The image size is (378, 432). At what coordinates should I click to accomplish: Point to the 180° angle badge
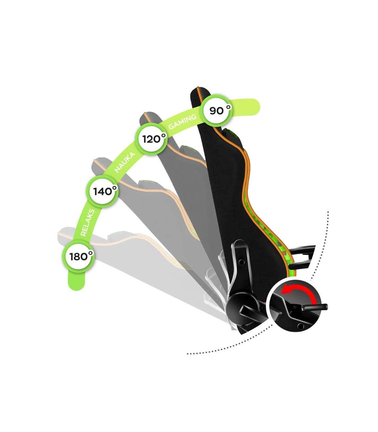(x=78, y=256)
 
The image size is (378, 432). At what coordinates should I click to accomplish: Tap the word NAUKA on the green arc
(x=125, y=162)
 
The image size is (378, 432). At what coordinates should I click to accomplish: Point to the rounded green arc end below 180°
(x=77, y=283)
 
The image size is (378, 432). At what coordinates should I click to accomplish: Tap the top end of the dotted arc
(x=328, y=213)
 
